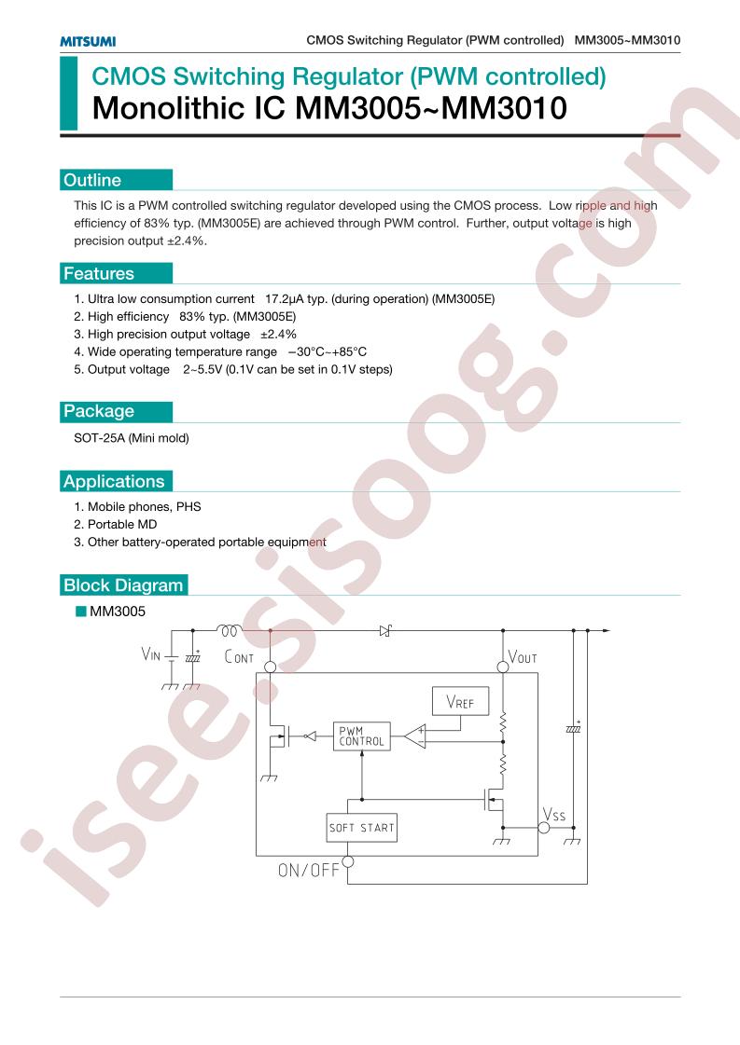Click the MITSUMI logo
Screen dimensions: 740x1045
click(x=88, y=41)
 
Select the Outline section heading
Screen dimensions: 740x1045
click(x=92, y=180)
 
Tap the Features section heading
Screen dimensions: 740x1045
click(x=99, y=273)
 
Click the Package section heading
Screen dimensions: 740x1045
click(x=99, y=411)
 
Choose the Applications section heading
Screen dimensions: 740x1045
click(x=114, y=481)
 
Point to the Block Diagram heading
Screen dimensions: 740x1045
click(x=123, y=585)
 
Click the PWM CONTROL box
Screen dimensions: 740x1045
click(x=362, y=736)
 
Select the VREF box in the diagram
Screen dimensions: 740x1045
click(x=460, y=701)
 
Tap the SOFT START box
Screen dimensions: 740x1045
click(x=362, y=828)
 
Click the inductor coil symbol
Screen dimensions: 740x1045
click(x=229, y=629)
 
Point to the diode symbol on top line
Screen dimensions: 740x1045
click(x=385, y=630)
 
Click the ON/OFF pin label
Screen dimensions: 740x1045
click(x=309, y=870)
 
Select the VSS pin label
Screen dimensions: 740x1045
click(x=553, y=815)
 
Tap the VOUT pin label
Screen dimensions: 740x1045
click(x=523, y=657)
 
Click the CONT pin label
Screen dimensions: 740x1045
click(x=239, y=657)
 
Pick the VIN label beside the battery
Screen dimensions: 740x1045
click(x=151, y=654)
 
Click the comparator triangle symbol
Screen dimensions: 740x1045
click(x=415, y=736)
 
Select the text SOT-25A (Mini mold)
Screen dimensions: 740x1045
click(x=132, y=438)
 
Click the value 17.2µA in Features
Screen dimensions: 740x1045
click(x=286, y=298)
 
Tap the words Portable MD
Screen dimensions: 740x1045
click(x=122, y=525)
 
